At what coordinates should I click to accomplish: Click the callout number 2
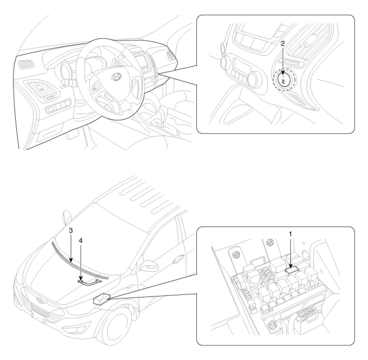(x=283, y=43)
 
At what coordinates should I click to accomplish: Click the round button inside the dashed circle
(x=284, y=81)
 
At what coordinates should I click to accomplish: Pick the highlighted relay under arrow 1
(x=291, y=271)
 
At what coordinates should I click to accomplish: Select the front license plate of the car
(x=39, y=316)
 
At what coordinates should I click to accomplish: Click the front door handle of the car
(x=178, y=258)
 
